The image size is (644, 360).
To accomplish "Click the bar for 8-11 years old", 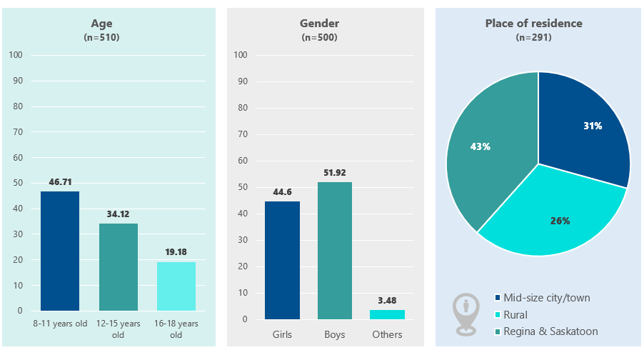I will pos(60,251).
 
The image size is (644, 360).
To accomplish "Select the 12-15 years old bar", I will pos(119,267).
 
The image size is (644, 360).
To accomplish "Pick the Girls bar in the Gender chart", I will pos(282,260).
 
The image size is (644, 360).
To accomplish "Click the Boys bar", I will pos(334,251).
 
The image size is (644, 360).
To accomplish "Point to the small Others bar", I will pos(387,314).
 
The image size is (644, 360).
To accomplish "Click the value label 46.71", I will pos(60,182).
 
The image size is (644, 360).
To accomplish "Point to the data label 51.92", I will pos(334,172).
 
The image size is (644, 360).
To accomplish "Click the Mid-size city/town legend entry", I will pos(546,298).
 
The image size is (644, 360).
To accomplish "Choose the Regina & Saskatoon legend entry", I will pos(550,331).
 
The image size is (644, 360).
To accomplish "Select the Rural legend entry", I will pos(515,315).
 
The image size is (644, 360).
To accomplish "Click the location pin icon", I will pos(466,313).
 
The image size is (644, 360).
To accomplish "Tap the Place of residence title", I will pos(533,24).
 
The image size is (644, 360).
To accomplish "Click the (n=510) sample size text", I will pos(101,37).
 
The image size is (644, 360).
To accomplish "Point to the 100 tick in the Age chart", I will pos(16,55).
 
